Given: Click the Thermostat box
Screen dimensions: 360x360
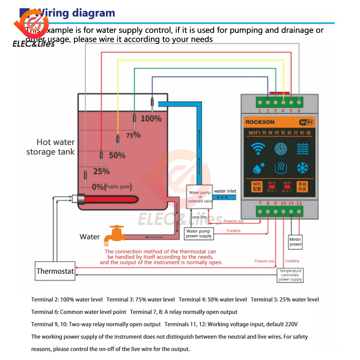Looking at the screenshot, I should click(55, 271).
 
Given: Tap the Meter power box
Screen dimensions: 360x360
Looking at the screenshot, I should click(296, 242).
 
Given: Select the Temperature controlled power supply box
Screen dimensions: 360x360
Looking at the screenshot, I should click(290, 275).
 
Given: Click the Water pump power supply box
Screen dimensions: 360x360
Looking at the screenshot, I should click(199, 234).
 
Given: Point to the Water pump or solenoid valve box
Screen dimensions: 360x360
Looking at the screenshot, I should click(200, 197).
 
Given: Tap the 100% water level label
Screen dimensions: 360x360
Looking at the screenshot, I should click(151, 118).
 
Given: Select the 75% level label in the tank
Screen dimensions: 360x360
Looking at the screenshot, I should click(133, 135).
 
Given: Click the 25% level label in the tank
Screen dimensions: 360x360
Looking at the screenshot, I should click(101, 171).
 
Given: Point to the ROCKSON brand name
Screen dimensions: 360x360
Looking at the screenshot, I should click(260, 122).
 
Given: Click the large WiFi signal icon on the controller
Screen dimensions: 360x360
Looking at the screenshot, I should click(258, 148).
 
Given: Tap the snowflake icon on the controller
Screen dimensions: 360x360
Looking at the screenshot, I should click(302, 168).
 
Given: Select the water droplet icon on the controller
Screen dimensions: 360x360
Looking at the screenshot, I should click(257, 168).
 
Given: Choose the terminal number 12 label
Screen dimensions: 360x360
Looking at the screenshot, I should click(299, 203).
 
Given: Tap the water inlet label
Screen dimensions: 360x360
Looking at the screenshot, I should click(225, 191).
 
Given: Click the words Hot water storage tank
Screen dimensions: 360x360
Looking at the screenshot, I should click(51, 147).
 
